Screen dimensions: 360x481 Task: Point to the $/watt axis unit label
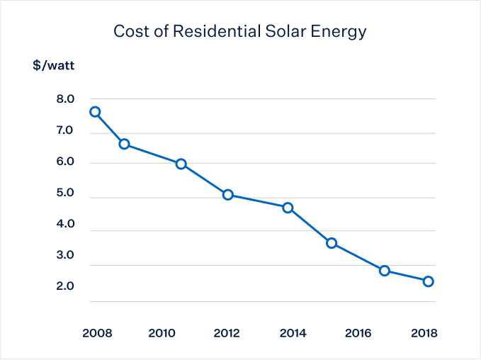[x=53, y=67]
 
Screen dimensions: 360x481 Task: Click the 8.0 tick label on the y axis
[x=65, y=99]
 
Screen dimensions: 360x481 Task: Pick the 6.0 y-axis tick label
[x=65, y=162]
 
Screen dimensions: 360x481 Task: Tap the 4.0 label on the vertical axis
[x=65, y=225]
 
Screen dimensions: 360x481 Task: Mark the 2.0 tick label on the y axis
[x=65, y=286]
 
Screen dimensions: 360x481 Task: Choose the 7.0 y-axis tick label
[x=65, y=131]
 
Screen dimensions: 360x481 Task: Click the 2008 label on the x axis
[x=95, y=333]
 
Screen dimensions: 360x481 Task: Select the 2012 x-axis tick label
[x=227, y=333]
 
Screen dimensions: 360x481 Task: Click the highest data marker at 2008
[x=95, y=112]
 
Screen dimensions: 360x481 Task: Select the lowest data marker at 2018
[x=429, y=281]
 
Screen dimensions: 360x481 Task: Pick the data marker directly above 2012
[x=228, y=195]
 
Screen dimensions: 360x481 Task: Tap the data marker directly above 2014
[x=288, y=208]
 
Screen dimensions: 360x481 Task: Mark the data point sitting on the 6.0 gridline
[x=181, y=164]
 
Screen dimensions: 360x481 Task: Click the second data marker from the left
[x=124, y=144]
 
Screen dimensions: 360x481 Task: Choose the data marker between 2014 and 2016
[x=332, y=243]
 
